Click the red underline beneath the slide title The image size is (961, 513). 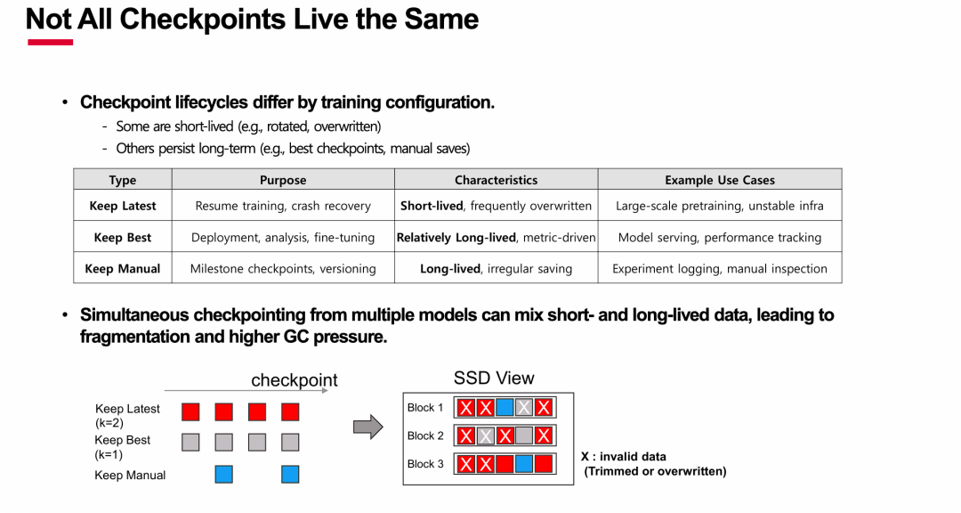pyautogui.click(x=50, y=43)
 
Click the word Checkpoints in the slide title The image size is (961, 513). pyautogui.click(x=203, y=19)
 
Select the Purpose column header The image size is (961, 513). pyautogui.click(x=283, y=180)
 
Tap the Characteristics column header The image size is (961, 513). pyautogui.click(x=496, y=180)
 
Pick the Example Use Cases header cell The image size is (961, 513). pyautogui.click(x=720, y=180)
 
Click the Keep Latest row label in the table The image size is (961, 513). pyautogui.click(x=123, y=206)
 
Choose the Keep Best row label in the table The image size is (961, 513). pyautogui.click(x=123, y=238)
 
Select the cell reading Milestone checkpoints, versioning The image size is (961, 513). pyautogui.click(x=283, y=269)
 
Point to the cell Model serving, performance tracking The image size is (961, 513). pyautogui.click(x=720, y=238)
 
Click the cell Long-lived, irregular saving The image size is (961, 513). pyautogui.click(x=496, y=269)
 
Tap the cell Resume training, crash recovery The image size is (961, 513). pyautogui.click(x=283, y=206)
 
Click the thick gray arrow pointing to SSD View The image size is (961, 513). pyautogui.click(x=367, y=427)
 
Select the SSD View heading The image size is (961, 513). pyautogui.click(x=494, y=378)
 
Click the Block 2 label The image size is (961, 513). pyautogui.click(x=425, y=436)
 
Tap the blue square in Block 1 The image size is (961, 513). pyautogui.click(x=505, y=407)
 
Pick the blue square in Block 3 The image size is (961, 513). pyautogui.click(x=524, y=464)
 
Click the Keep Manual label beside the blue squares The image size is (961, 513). pyautogui.click(x=130, y=475)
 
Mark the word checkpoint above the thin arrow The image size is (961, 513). pyautogui.click(x=295, y=380)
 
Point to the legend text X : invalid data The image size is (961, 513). pyautogui.click(x=623, y=457)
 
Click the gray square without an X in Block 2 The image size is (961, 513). pyautogui.click(x=524, y=436)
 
